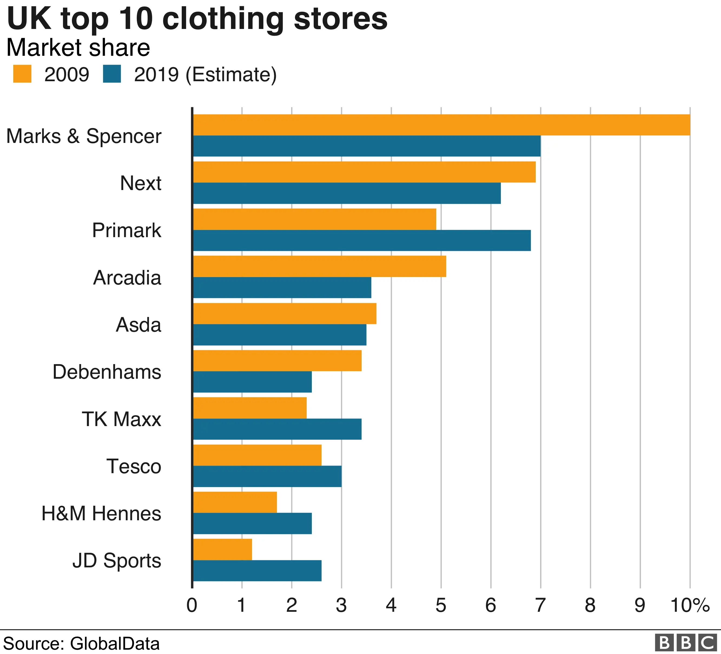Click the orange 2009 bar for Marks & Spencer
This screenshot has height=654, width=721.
(441, 125)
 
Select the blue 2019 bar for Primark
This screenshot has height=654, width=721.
(362, 241)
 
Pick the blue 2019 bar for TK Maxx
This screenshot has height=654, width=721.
(277, 429)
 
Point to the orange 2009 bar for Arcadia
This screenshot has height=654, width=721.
(319, 266)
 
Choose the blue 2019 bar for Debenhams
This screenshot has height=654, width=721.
(252, 382)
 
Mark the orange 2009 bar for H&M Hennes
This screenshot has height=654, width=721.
(235, 502)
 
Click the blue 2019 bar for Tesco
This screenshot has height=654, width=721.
(267, 476)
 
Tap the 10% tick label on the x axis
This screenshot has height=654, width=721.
(690, 605)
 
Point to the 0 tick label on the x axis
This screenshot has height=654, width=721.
(192, 605)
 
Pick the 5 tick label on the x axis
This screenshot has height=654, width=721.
(441, 605)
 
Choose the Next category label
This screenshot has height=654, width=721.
(141, 183)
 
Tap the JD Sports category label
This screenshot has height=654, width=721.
(117, 560)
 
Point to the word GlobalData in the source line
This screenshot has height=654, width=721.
(115, 643)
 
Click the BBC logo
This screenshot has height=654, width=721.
(686, 643)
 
